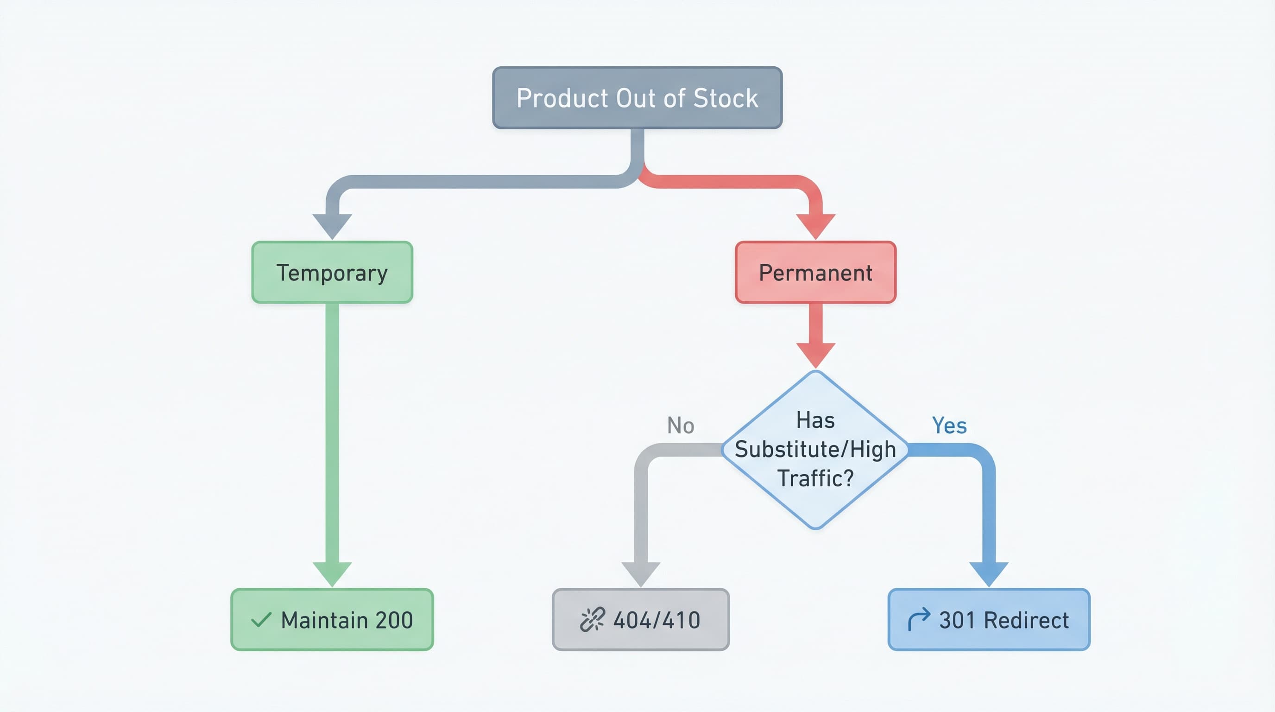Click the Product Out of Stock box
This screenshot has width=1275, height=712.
[637, 98]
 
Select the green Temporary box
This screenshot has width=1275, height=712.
[332, 272]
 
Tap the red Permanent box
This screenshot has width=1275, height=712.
[815, 272]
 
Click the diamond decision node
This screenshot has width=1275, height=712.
[815, 450]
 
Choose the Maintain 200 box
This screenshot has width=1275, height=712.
[332, 619]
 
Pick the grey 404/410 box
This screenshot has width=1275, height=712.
[640, 619]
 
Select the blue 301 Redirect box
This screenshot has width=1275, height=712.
[989, 619]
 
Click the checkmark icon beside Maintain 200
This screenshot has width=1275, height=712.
[261, 619]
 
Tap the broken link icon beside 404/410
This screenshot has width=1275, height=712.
[592, 619]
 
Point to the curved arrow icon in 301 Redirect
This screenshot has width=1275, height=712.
[919, 619]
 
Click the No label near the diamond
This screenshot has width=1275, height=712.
[681, 426]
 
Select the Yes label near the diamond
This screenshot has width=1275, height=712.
[949, 426]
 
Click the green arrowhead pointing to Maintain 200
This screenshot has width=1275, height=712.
[332, 573]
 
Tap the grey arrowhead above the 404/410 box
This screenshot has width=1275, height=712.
[640, 573]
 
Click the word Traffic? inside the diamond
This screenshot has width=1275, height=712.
[815, 478]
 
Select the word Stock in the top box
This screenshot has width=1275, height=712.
[726, 98]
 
